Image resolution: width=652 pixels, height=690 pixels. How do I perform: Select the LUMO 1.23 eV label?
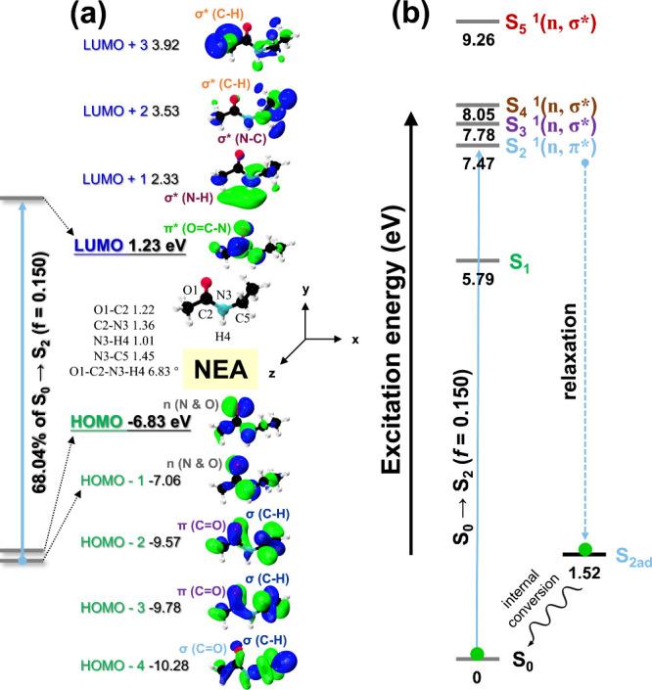(x=130, y=246)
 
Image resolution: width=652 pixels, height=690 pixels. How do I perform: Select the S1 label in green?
(x=519, y=261)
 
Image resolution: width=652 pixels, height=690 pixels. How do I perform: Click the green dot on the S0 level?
(x=477, y=654)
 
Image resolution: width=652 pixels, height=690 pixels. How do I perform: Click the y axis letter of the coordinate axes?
(x=306, y=291)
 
